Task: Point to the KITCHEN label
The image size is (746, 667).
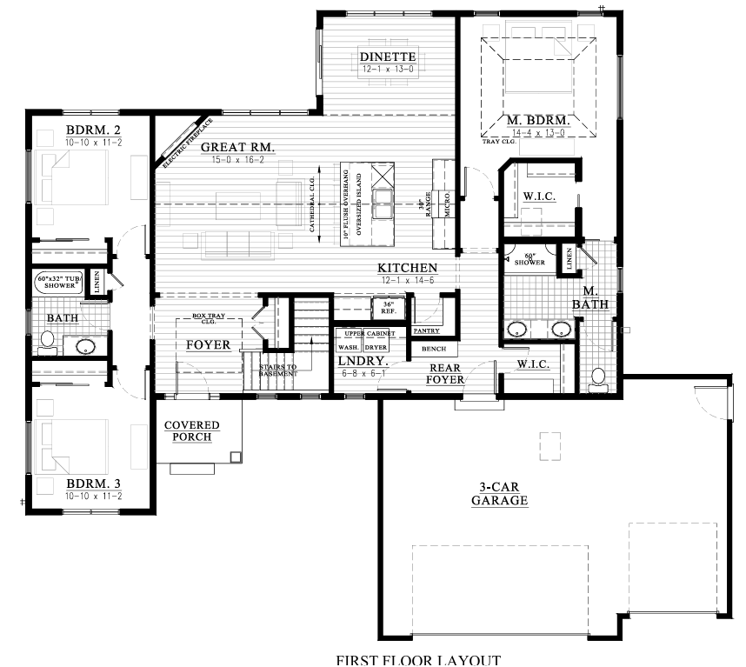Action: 407,268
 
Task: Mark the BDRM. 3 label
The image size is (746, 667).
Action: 94,484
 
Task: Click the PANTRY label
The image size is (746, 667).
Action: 426,331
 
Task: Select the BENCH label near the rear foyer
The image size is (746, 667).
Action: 433,349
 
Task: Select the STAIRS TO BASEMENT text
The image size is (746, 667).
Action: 278,370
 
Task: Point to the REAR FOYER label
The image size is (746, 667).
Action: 443,373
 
